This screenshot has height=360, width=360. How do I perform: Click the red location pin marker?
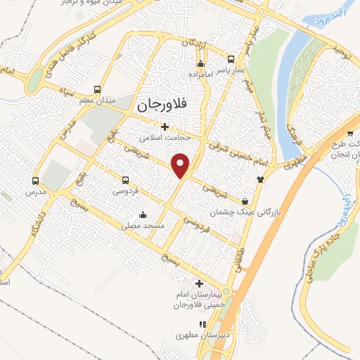pyautogui.click(x=182, y=165)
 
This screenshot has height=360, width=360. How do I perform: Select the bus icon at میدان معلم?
pyautogui.click(x=97, y=89)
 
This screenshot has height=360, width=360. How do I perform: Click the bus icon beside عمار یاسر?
pyautogui.click(x=230, y=60)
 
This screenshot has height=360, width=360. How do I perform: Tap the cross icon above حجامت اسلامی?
pyautogui.click(x=165, y=127)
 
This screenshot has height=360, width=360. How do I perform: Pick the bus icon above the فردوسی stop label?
pyautogui.click(x=125, y=180)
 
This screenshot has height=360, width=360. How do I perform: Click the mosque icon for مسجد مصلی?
pyautogui.click(x=143, y=215)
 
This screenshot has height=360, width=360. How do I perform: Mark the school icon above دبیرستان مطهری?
pyautogui.click(x=202, y=324)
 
